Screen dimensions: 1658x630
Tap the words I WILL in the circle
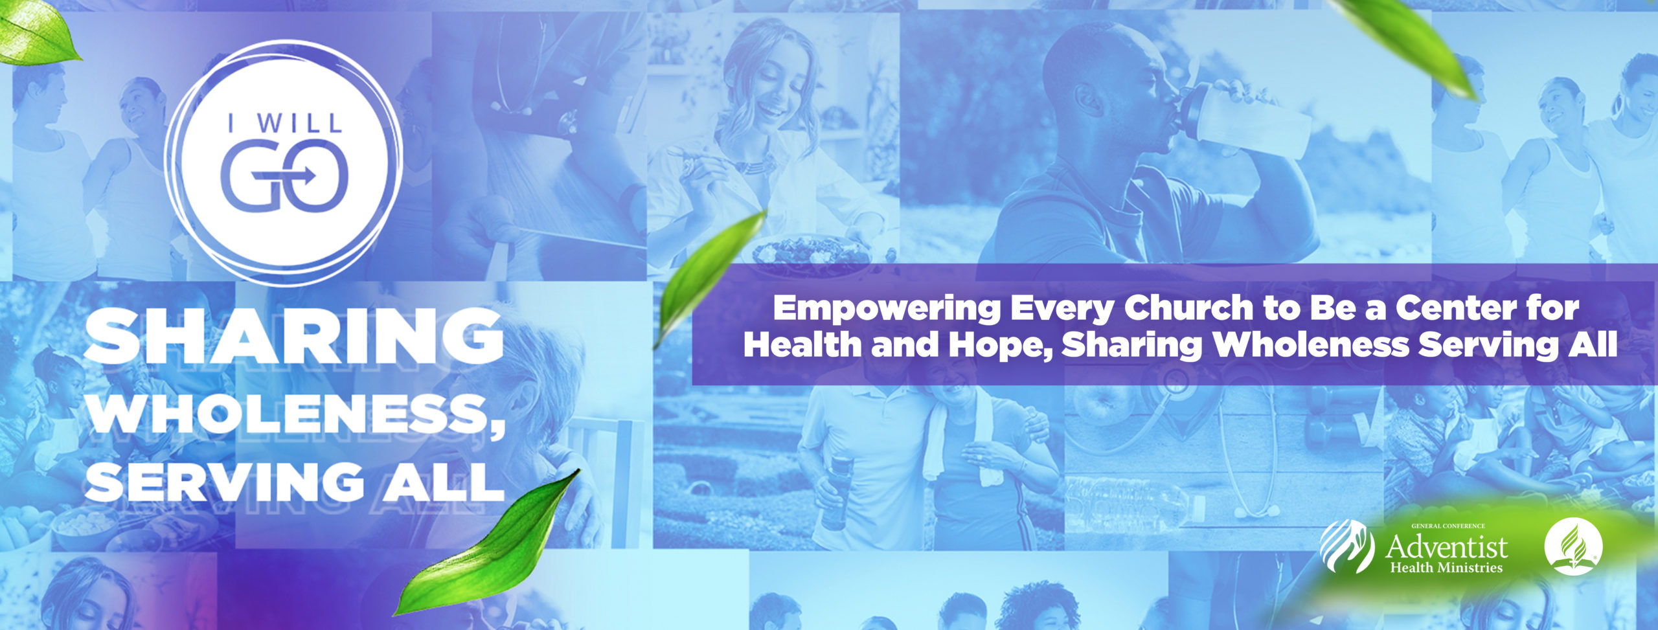click(284, 123)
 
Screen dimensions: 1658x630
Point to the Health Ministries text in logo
click(1446, 568)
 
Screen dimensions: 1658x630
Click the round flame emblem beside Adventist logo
click(1573, 546)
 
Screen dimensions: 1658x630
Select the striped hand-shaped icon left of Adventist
click(1346, 546)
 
